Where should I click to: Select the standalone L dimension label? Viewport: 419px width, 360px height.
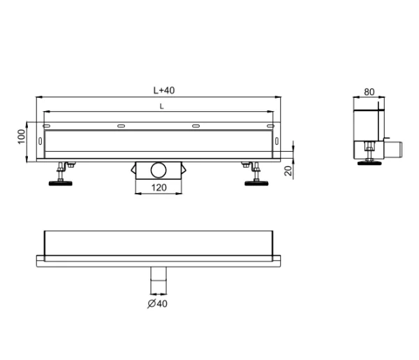(x=162, y=106)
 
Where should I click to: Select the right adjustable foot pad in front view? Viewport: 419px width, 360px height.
(x=255, y=184)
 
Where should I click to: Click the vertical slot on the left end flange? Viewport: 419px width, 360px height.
(x=40, y=143)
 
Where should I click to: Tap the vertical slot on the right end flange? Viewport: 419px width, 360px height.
(x=277, y=143)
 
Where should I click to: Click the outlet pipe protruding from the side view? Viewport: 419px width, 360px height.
(x=397, y=149)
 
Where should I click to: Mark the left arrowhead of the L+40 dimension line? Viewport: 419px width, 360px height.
(x=37, y=98)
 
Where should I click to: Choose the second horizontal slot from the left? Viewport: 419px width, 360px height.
(x=122, y=126)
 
